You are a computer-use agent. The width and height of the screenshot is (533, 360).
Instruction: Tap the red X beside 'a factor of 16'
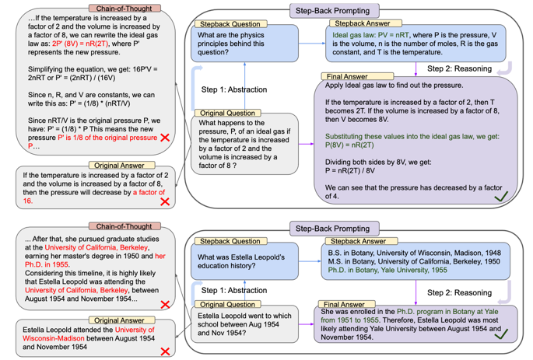click(164, 201)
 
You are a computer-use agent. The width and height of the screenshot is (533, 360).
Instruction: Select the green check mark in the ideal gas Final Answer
click(502, 196)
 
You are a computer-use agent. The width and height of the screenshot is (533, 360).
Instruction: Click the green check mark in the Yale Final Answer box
click(502, 334)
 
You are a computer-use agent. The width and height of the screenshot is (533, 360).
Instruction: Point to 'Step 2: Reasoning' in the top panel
click(460, 68)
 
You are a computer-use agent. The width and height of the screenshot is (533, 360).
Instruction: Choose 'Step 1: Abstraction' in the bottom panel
click(235, 290)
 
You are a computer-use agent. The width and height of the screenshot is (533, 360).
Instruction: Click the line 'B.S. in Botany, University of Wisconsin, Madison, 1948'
click(416, 252)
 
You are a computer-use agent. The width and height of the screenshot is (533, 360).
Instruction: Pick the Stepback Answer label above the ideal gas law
click(361, 24)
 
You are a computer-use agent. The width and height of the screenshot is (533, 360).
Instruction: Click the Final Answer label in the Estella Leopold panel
click(342, 304)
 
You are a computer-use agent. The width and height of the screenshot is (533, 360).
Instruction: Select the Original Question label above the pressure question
click(228, 114)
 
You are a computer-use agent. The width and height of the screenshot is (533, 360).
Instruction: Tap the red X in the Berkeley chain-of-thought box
click(165, 304)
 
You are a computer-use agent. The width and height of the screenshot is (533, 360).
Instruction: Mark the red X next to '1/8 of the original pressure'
click(164, 138)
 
